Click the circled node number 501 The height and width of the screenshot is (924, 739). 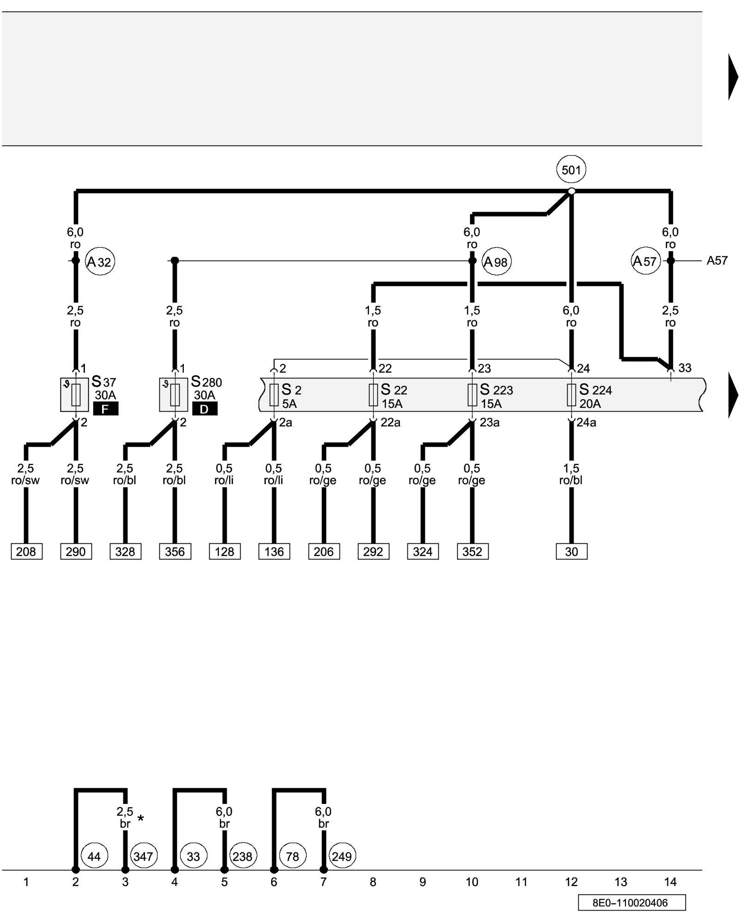(571, 170)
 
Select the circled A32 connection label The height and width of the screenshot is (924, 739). (100, 262)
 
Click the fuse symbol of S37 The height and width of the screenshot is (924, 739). (76, 395)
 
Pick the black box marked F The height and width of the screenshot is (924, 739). (105, 409)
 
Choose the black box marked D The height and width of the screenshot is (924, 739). (205, 409)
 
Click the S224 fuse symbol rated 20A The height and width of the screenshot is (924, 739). (571, 395)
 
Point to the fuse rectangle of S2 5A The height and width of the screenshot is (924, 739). (274, 395)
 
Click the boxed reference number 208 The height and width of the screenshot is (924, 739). (26, 552)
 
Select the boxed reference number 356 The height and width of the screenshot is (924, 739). (175, 552)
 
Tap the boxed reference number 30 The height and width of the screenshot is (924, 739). (571, 552)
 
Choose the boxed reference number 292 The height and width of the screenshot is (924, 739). (373, 552)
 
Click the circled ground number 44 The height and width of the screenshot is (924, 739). (94, 856)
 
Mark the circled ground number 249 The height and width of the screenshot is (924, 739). (342, 856)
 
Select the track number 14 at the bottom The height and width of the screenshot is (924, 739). (670, 882)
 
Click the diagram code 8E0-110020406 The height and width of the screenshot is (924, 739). (631, 903)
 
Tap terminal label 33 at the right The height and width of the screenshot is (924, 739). (684, 368)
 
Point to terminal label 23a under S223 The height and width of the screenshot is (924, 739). (490, 423)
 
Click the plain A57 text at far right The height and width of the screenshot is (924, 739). (717, 261)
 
